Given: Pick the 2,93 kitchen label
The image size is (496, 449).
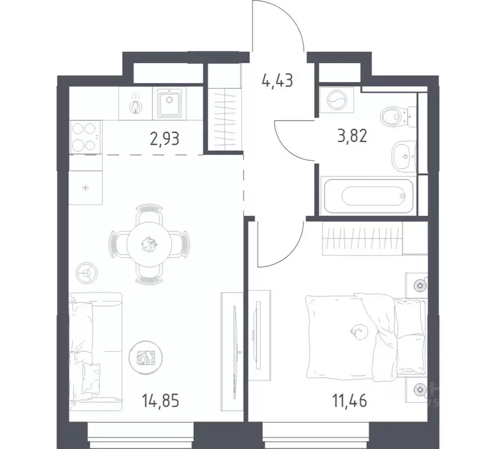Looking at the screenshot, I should (x=164, y=140).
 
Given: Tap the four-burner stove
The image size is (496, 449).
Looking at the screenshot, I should (x=85, y=136).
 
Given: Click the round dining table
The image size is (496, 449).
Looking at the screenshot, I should (x=150, y=242).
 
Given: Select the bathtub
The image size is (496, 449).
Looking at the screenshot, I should (x=369, y=196).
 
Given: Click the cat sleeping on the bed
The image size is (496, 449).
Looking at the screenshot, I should (x=357, y=332).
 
